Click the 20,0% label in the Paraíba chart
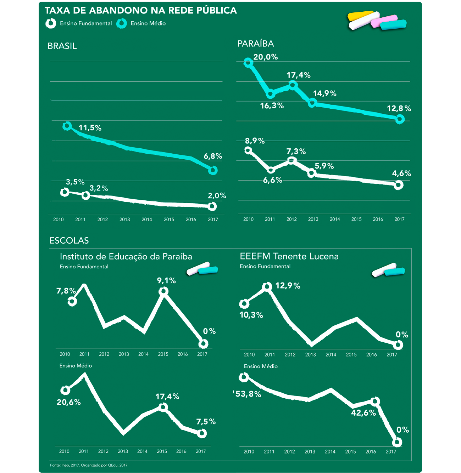(x=265, y=57)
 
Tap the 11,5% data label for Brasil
(x=90, y=128)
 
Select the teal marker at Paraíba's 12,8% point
(x=400, y=119)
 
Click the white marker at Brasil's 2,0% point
(x=212, y=206)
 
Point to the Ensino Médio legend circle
(x=122, y=23)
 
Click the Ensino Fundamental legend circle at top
(x=51, y=23)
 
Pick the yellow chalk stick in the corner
(x=361, y=15)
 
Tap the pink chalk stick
(x=384, y=21)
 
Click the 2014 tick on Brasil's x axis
(x=147, y=220)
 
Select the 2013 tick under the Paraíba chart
(x=313, y=219)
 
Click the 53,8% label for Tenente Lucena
(x=248, y=394)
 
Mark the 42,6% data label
(x=363, y=413)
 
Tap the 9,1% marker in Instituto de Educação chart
(x=163, y=291)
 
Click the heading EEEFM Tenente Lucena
(x=289, y=256)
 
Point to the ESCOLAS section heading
(x=69, y=241)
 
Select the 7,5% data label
(x=206, y=421)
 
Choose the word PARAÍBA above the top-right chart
(x=256, y=44)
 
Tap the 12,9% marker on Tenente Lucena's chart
(x=267, y=287)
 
